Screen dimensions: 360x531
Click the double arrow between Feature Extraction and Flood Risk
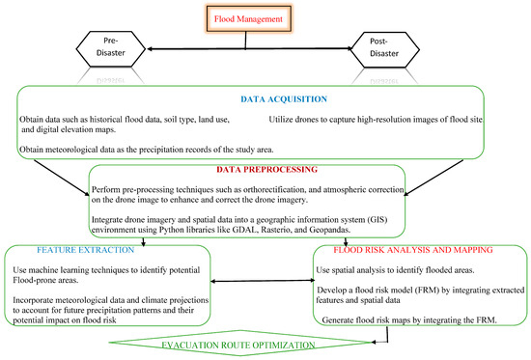pyautogui.click(x=269, y=283)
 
